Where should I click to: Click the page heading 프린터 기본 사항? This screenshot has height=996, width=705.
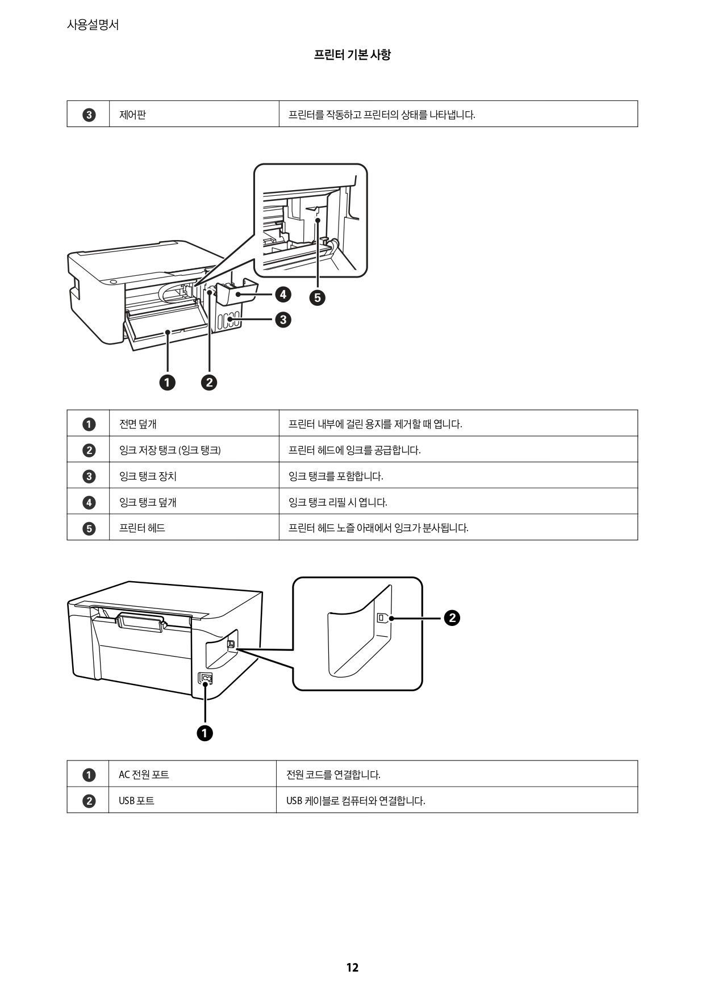[352, 55]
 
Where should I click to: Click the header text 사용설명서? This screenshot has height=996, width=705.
[93, 25]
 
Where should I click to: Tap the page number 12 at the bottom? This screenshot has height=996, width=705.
[352, 968]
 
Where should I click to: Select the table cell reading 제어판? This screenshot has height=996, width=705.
[133, 115]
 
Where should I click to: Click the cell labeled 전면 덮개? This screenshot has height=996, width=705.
[138, 424]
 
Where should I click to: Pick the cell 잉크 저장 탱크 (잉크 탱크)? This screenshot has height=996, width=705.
[170, 450]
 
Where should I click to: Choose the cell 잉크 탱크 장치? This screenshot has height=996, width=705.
[148, 476]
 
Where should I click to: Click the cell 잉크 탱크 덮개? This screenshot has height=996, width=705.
[148, 502]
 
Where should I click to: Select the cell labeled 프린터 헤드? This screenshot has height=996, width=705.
[142, 528]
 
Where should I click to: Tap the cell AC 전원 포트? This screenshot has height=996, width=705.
[144, 775]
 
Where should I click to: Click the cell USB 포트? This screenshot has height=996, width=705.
[136, 801]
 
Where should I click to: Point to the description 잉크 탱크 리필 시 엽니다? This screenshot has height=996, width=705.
[337, 502]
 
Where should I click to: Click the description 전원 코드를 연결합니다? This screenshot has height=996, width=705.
[333, 775]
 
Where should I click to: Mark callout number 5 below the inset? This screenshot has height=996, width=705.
[317, 298]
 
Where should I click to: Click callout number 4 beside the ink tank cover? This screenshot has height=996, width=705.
[282, 295]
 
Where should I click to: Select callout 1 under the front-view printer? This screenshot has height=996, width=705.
[167, 383]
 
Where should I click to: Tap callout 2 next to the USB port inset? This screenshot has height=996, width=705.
[452, 618]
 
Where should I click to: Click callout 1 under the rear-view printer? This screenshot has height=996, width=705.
[205, 733]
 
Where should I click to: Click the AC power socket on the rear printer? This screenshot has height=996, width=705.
[205, 679]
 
